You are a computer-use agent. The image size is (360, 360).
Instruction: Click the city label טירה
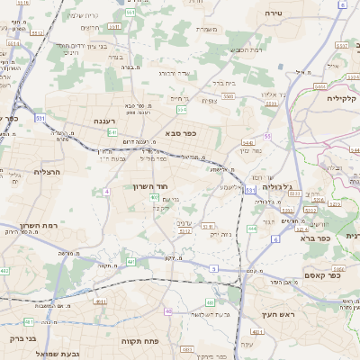[274, 13]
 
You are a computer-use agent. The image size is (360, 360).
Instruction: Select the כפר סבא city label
[180, 134]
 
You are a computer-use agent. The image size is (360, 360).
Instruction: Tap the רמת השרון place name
[37, 225]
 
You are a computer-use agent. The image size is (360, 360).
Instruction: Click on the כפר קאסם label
[320, 275]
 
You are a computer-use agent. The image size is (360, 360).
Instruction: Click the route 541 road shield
[112, 132]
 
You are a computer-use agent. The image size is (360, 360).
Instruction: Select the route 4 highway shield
[106, 192]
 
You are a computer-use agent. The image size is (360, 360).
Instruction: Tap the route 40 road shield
[168, 310]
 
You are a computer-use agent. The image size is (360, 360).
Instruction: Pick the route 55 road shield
[267, 136]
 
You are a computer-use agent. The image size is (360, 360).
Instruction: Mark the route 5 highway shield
[213, 268]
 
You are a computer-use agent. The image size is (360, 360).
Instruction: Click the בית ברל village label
[224, 79]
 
